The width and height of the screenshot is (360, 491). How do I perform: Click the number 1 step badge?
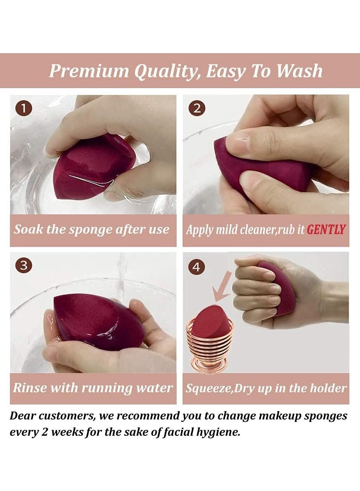pyautogui.click(x=24, y=109)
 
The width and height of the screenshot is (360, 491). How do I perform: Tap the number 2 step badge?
pyautogui.click(x=197, y=108)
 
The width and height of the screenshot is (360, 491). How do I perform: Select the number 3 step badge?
pyautogui.click(x=24, y=265)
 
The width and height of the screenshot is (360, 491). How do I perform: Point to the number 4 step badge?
pyautogui.click(x=196, y=267)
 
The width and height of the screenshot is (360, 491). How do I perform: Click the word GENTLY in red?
pyautogui.click(x=326, y=229)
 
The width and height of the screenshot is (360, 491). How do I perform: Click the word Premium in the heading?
pyautogui.click(x=89, y=71)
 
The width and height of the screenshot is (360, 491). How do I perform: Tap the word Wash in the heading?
pyautogui.click(x=299, y=71)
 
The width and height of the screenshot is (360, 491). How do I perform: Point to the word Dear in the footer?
pyautogui.click(x=21, y=416)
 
